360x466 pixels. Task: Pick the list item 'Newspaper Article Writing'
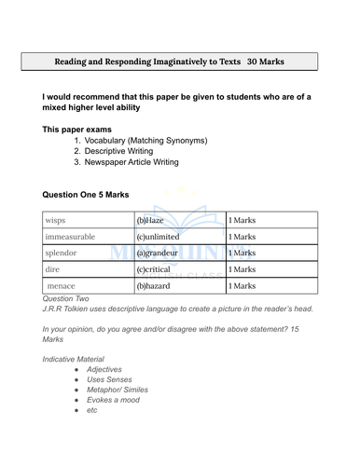click(x=132, y=162)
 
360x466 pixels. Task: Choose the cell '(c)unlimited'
click(x=162, y=236)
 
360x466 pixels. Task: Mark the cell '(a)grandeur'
click(x=160, y=253)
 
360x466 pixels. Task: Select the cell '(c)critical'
click(x=157, y=268)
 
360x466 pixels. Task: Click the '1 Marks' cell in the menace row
click(x=242, y=285)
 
